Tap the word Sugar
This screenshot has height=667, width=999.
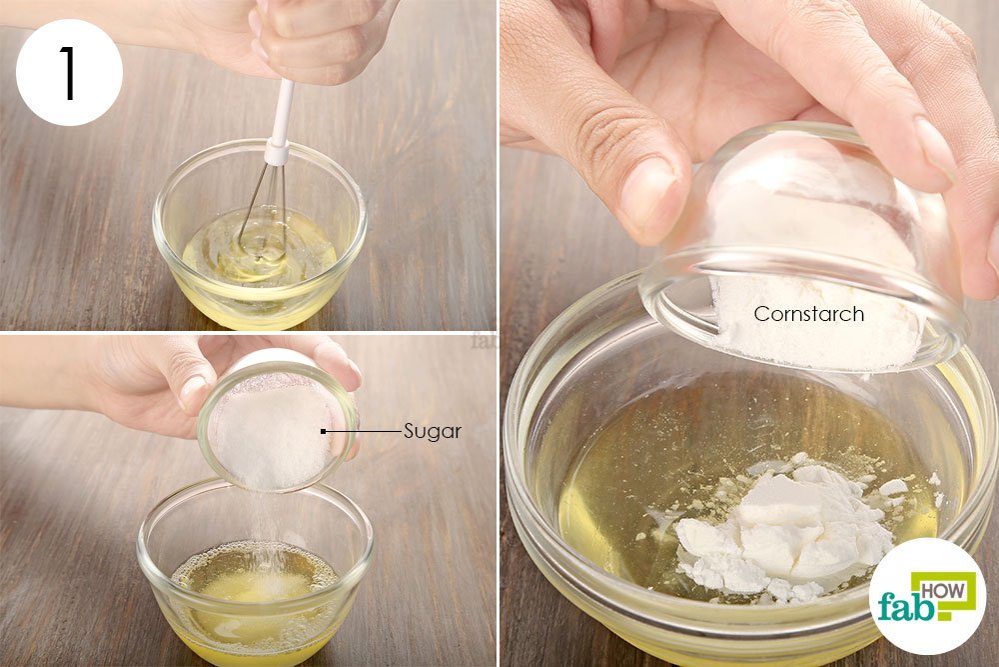coord(432,432)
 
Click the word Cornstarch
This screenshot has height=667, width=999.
coord(808,314)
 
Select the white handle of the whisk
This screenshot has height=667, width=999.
coord(283,112)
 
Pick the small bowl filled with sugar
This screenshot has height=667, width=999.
coord(277,424)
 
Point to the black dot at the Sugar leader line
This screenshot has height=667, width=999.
coord(324,432)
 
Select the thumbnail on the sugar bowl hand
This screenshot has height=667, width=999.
coord(193,392)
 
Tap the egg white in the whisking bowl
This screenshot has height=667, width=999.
coord(259,251)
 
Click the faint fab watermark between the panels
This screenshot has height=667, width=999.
coord(485,340)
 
